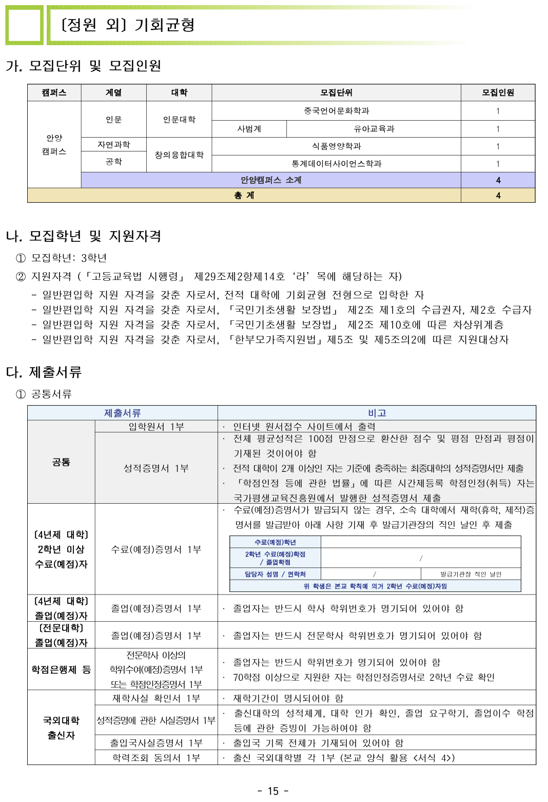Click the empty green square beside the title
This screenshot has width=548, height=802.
click(x=24, y=25)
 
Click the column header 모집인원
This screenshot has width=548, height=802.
click(x=497, y=92)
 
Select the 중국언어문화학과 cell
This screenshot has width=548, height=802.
click(x=336, y=111)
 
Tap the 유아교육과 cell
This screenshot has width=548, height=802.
click(x=374, y=129)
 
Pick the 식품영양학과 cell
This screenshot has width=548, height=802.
click(x=336, y=146)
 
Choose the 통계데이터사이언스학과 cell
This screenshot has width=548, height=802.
click(x=336, y=164)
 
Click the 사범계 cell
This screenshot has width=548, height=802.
click(x=249, y=129)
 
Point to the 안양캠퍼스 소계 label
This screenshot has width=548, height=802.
click(x=271, y=180)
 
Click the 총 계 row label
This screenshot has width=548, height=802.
click(x=244, y=196)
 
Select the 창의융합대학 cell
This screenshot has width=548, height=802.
click(x=179, y=155)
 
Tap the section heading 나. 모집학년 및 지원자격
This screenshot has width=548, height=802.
click(x=84, y=236)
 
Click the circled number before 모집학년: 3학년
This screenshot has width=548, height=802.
click(x=21, y=258)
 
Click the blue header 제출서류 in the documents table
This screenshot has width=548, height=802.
click(x=122, y=413)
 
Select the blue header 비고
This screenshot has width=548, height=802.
click(x=377, y=413)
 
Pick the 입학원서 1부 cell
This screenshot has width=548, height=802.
click(x=156, y=427)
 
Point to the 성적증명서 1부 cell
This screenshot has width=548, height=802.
click(x=156, y=468)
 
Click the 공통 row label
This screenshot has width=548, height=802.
click(x=61, y=462)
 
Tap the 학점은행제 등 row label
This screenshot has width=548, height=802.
click(x=61, y=670)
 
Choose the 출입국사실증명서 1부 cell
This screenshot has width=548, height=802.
click(x=156, y=743)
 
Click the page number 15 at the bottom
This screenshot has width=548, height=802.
click(x=273, y=791)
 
